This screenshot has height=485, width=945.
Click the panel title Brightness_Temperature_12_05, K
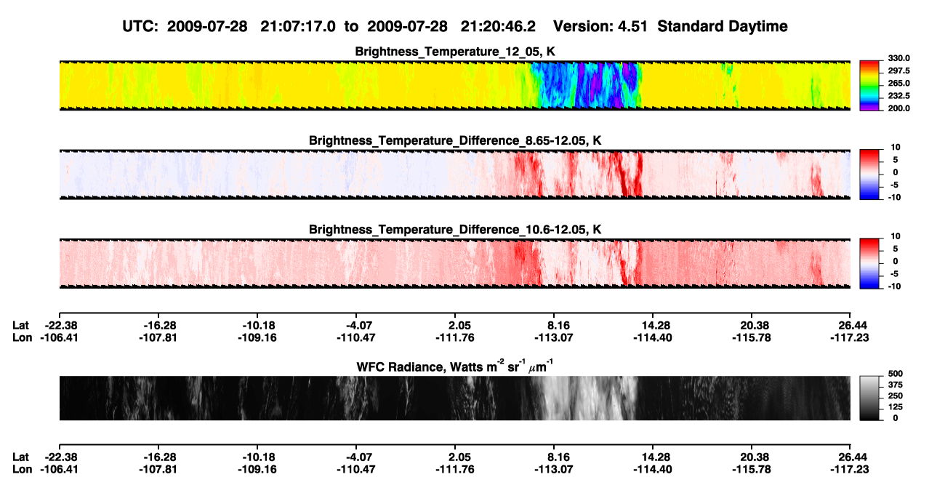pyautogui.click(x=455, y=52)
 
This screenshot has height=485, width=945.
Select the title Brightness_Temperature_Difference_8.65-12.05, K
pyautogui.click(x=455, y=140)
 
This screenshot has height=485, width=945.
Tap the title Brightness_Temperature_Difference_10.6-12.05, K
pyautogui.click(x=455, y=230)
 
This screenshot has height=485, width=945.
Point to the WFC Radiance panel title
pyautogui.click(x=455, y=366)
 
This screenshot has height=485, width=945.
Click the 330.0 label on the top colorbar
pyautogui.click(x=898, y=58)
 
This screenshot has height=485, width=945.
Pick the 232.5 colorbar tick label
pyautogui.click(x=898, y=96)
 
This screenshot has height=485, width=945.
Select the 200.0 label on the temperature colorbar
pyautogui.click(x=898, y=108)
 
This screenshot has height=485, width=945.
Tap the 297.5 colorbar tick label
pyautogui.click(x=898, y=71)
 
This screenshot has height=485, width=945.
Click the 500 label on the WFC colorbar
pyautogui.click(x=896, y=374)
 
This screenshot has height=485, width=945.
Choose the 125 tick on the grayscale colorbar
pyautogui.click(x=896, y=407)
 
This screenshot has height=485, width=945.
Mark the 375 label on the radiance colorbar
pyautogui.click(x=896, y=385)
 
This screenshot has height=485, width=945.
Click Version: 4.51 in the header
pyautogui.click(x=600, y=26)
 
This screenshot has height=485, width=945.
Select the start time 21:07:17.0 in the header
pyautogui.click(x=298, y=26)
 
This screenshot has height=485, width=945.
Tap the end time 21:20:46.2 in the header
pyautogui.click(x=498, y=26)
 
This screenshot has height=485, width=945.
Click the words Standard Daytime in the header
pyautogui.click(x=723, y=26)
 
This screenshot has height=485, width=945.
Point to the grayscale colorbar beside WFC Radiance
pyautogui.click(x=869, y=398)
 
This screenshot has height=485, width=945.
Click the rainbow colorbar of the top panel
pyautogui.click(x=869, y=86)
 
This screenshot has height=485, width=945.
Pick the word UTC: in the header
pyautogui.click(x=140, y=26)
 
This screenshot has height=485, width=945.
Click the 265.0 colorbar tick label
pyautogui.click(x=898, y=83)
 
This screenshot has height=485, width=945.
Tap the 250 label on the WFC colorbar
pyautogui.click(x=896, y=396)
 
